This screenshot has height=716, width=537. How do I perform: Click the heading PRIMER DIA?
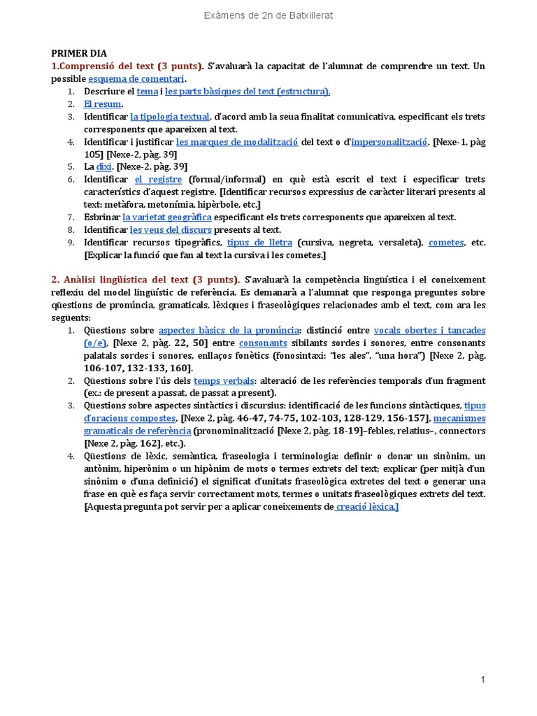click(x=79, y=53)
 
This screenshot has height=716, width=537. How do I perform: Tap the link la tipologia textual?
click(x=169, y=116)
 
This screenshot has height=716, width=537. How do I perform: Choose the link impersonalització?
click(x=389, y=141)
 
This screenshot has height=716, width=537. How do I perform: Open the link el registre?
click(x=158, y=179)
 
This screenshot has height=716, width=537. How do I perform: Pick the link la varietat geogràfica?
click(x=166, y=217)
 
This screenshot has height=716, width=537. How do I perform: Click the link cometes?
click(x=446, y=242)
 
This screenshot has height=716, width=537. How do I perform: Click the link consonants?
click(x=263, y=343)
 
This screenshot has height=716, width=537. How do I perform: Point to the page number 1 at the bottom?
click(x=482, y=680)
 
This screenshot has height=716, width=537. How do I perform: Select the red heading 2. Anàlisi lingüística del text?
click(x=145, y=280)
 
